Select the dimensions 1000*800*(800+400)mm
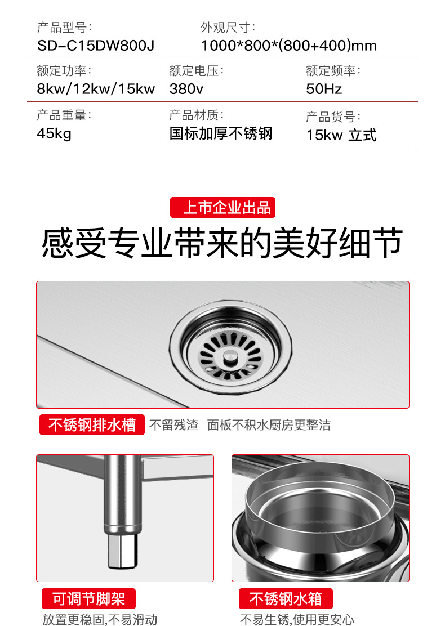(288, 45)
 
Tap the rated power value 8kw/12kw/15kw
(96, 89)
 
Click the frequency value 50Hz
(324, 89)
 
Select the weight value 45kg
(54, 134)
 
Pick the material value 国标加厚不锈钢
(221, 134)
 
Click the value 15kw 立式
(341, 135)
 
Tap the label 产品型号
(64, 26)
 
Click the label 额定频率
(333, 71)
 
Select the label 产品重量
(64, 115)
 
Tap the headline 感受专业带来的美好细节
(222, 243)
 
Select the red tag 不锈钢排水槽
(92, 424)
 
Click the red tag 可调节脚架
(88, 598)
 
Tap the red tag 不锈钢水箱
(286, 598)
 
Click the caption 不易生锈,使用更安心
(297, 619)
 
